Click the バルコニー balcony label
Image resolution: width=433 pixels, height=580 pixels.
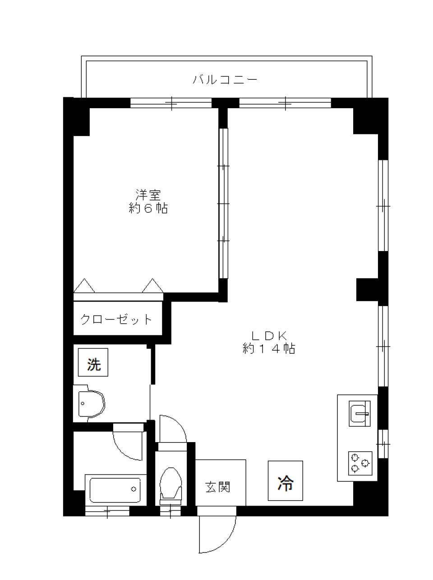225,80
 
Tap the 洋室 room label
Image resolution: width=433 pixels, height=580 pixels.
148,195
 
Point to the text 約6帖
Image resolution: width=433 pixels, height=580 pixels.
148,208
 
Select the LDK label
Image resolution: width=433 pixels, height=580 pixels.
269,336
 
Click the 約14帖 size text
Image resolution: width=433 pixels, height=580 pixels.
269,348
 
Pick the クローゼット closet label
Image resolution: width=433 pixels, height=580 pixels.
116,320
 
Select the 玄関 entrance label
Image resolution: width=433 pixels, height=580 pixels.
218,487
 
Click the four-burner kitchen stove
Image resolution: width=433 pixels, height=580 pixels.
360,463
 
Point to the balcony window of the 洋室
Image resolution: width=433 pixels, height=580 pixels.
171,103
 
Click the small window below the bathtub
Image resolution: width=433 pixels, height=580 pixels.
107,511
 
